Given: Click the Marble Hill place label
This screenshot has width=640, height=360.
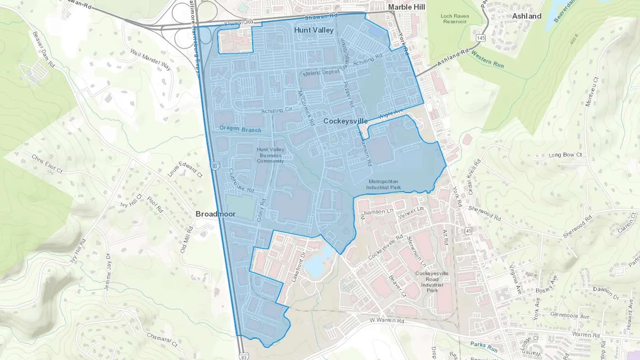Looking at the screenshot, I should [406, 7].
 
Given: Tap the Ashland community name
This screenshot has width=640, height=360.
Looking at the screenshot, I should [527, 16].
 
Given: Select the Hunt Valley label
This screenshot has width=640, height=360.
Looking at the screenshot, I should [314, 30].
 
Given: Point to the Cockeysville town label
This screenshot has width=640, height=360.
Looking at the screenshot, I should [345, 121].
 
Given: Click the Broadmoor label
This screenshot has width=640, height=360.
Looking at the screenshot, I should [215, 214].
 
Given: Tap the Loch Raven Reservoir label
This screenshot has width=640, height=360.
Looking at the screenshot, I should [455, 19].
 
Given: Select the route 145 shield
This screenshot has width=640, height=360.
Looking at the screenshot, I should [481, 38].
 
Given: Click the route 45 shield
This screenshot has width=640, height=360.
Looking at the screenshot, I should [469, 231].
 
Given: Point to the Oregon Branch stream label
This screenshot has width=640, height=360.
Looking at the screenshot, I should [240, 129].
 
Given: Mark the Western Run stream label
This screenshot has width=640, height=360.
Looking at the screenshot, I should [487, 59].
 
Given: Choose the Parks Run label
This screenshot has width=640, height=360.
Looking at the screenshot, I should [484, 346].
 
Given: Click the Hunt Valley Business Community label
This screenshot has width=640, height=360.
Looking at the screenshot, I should [270, 155].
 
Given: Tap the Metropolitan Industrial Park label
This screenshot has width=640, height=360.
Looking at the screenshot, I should [383, 184].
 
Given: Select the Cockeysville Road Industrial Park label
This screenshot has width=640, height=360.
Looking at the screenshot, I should [432, 282].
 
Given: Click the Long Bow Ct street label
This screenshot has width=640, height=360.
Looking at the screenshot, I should [565, 155].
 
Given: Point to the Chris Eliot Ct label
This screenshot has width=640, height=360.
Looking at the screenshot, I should [47, 164].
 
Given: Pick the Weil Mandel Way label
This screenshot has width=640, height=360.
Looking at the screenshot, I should [150, 59].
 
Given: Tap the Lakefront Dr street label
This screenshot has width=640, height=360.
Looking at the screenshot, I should [298, 267].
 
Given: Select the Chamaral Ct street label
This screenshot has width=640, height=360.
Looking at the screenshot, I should [162, 339].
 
